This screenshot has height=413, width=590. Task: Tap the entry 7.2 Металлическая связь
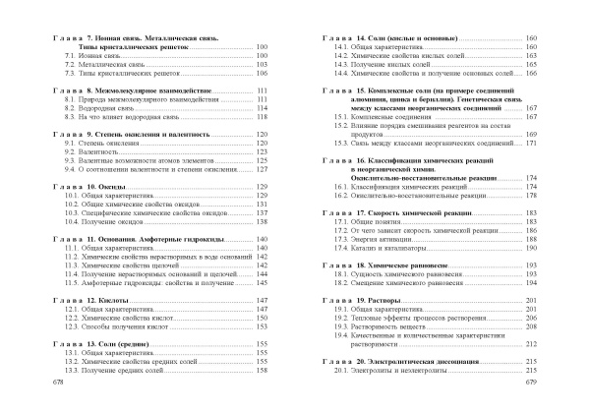(101, 65)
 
